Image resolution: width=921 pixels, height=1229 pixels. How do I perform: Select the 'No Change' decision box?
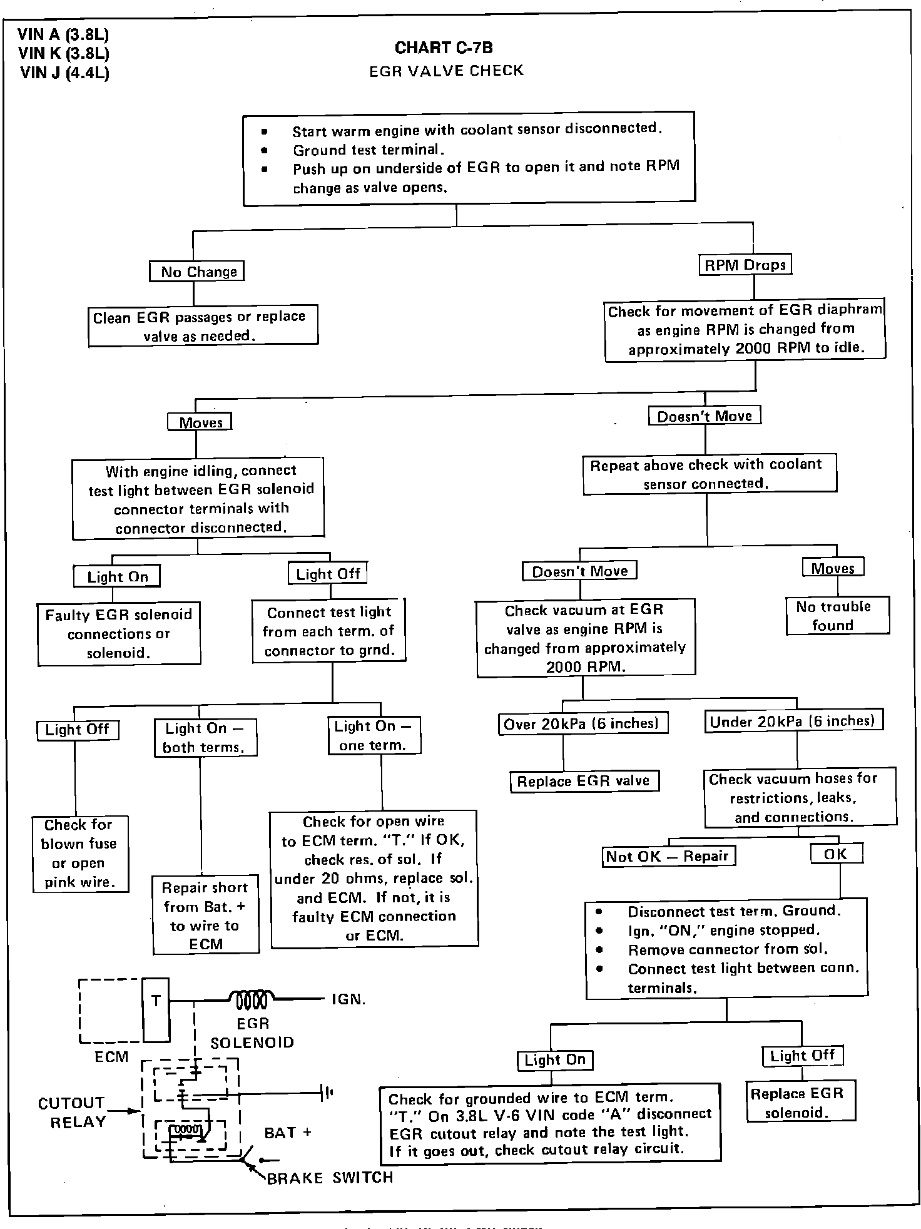click(196, 272)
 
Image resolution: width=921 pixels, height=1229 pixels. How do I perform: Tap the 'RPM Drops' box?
click(745, 265)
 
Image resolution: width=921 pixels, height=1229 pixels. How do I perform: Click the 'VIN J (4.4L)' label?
click(64, 73)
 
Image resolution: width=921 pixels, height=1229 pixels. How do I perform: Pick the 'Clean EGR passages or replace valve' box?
click(203, 326)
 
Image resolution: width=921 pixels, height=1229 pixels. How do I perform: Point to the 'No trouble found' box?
click(837, 616)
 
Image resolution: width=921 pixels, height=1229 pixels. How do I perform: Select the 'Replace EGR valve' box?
click(584, 782)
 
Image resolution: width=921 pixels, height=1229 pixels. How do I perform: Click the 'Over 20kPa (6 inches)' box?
click(583, 724)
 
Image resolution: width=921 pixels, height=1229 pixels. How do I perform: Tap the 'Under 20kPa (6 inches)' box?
click(793, 722)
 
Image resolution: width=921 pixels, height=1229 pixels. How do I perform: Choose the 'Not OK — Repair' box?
click(668, 856)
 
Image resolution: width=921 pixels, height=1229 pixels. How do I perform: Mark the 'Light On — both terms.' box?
click(205, 738)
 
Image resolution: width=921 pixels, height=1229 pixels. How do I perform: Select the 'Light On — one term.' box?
click(374, 735)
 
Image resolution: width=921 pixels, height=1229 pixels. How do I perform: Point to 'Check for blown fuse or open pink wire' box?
click(80, 854)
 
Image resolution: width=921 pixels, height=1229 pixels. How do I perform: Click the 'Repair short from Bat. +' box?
click(206, 915)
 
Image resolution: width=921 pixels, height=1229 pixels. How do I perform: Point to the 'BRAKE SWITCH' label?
click(330, 1178)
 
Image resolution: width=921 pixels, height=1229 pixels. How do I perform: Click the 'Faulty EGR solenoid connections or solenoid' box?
click(119, 634)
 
